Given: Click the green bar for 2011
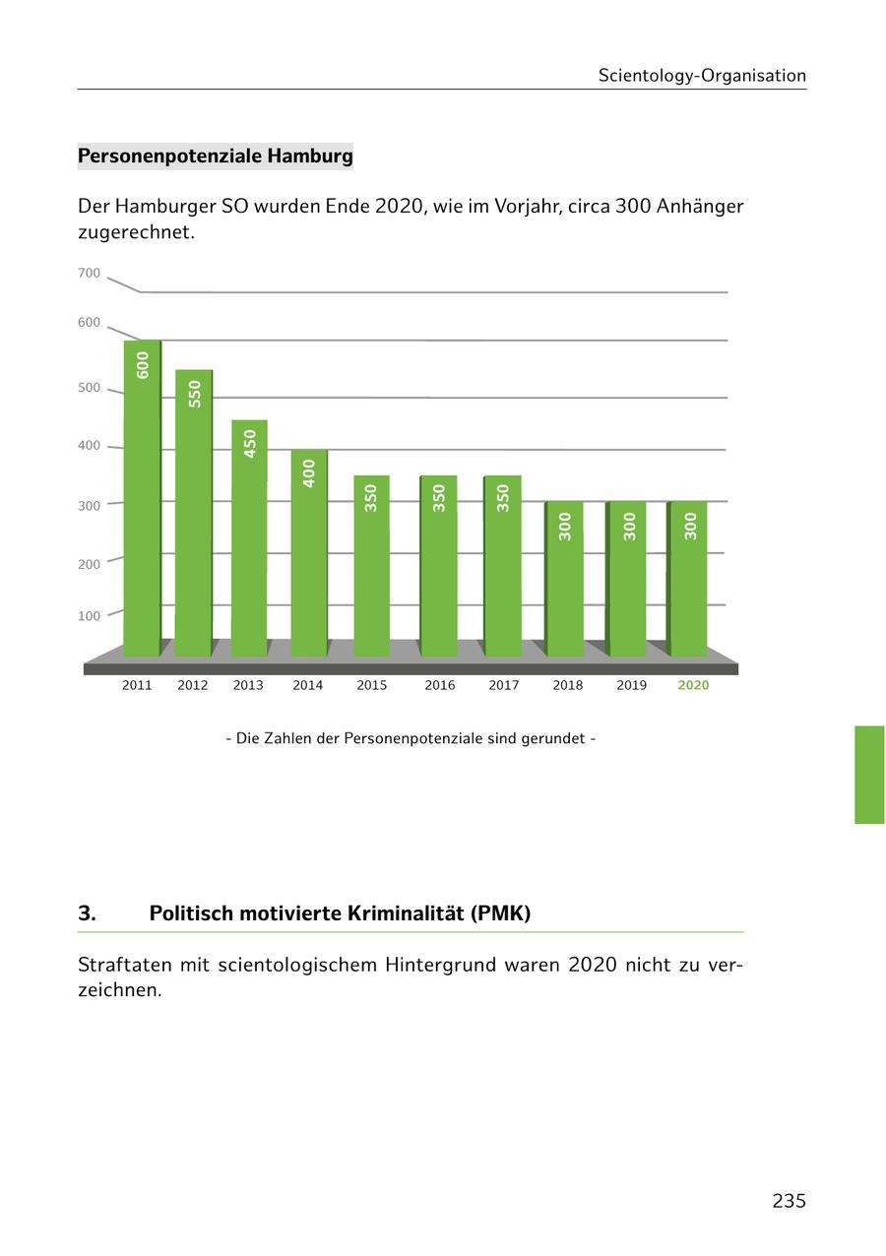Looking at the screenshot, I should (142, 502).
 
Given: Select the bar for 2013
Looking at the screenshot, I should (249, 541).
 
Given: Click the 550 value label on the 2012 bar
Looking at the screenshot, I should (195, 394).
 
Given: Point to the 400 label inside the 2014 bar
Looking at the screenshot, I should (309, 473).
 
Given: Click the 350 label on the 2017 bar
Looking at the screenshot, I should (503, 497).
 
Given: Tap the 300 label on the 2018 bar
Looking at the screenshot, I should (565, 526).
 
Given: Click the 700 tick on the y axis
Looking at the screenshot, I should (89, 273).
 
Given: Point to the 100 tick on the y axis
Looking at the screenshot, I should (89, 616).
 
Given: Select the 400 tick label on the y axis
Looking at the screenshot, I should (89, 446).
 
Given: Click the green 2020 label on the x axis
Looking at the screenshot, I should (693, 685).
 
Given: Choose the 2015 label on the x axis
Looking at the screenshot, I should (372, 685).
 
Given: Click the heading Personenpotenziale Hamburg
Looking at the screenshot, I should (215, 157).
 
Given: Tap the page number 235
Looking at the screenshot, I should (789, 1201).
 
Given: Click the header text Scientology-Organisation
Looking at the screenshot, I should (702, 76).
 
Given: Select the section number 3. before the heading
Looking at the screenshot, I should (87, 913).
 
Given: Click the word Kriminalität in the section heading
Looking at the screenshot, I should (410, 913).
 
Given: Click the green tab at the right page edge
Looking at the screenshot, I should (869, 775).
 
